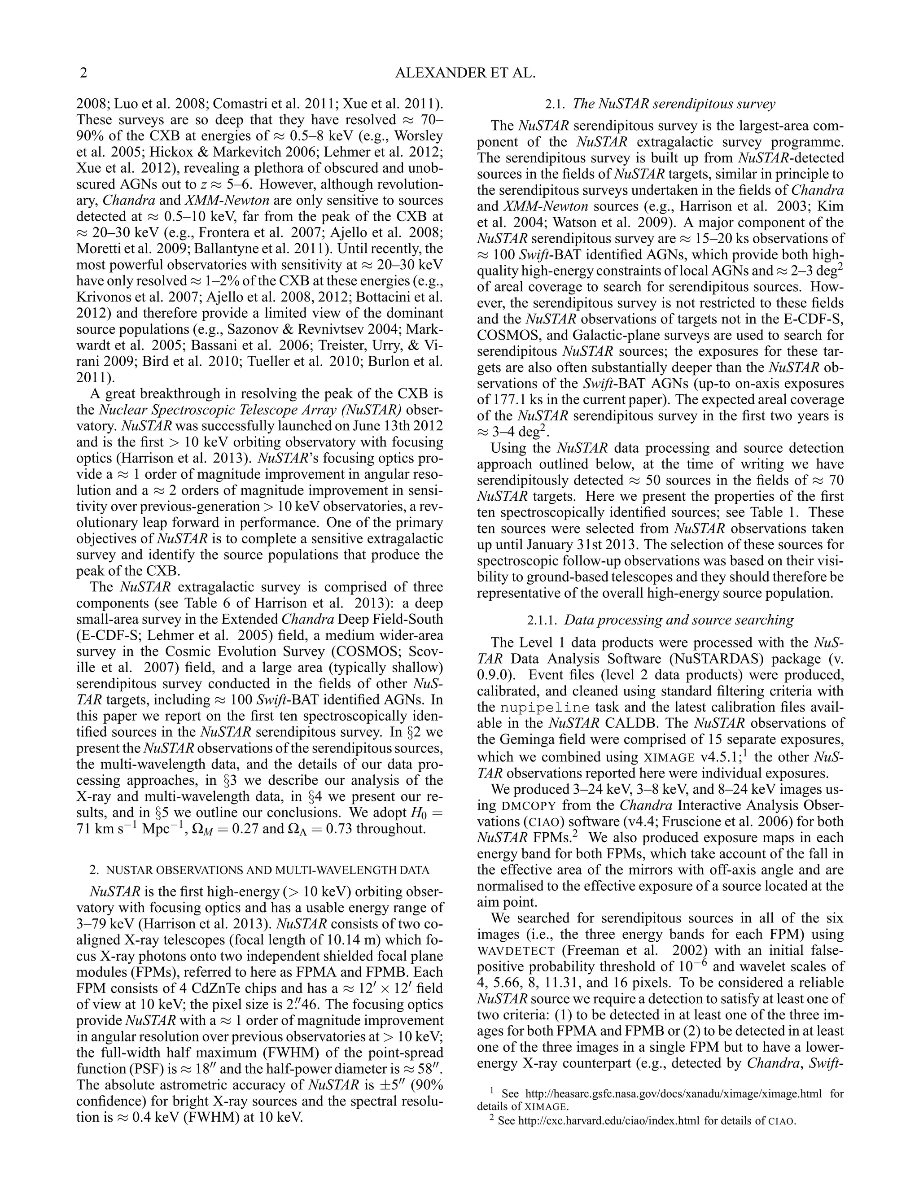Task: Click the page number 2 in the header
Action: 83,73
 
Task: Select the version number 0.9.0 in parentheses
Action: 495,675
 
